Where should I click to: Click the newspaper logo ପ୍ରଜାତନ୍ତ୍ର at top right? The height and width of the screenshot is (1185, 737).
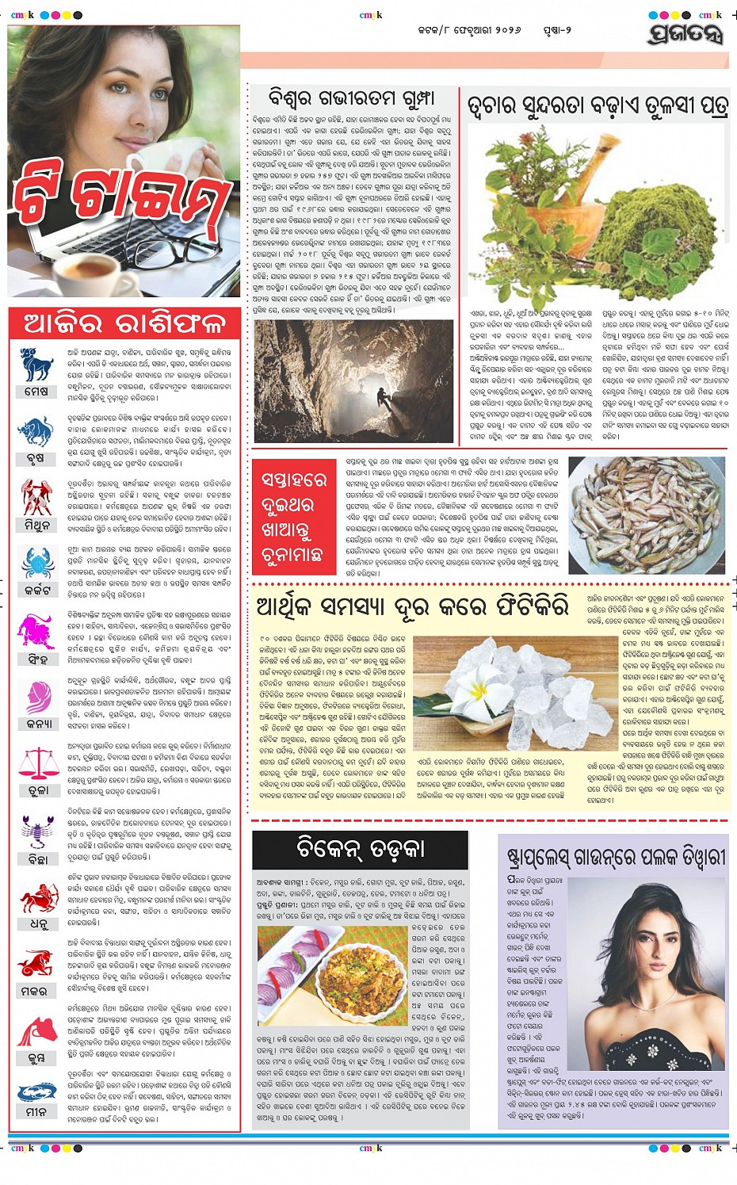685,34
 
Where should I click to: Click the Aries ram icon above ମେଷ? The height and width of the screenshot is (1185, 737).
37,365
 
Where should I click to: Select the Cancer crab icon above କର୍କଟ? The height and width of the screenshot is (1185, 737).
37,564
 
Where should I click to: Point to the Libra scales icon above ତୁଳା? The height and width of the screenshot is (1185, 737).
37,763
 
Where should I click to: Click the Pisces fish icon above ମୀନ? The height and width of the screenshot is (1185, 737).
37,1091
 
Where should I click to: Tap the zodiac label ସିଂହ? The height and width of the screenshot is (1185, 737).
37,659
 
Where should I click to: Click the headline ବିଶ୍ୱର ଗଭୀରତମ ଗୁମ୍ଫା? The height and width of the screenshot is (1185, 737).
351,98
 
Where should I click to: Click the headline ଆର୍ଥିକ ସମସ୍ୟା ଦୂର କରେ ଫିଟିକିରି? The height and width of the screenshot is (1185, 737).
413,608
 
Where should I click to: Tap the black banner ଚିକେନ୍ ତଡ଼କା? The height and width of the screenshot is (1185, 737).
360,849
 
